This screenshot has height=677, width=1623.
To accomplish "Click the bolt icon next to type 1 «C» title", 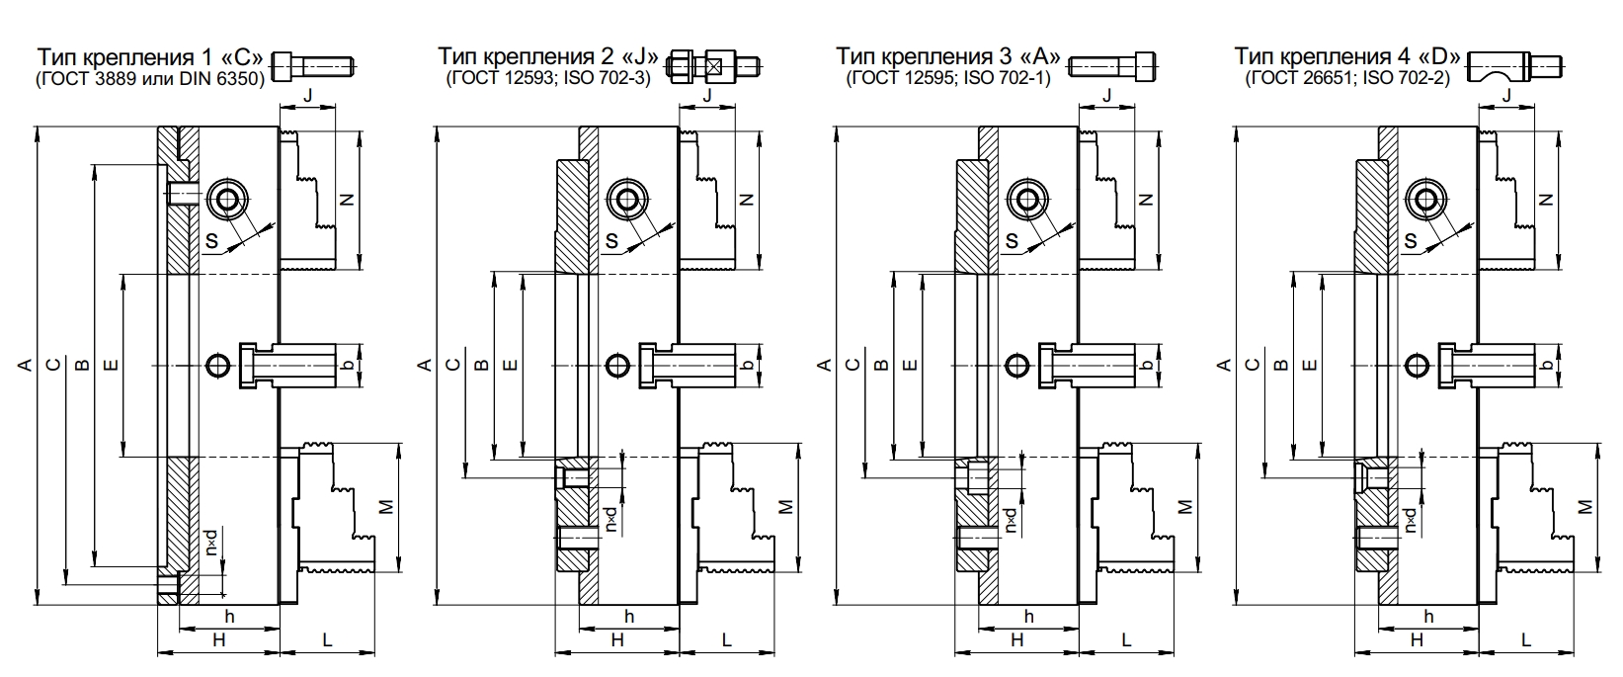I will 312,65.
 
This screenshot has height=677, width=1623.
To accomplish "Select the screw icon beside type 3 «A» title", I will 1111,66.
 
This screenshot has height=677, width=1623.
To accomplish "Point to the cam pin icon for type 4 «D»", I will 1516,66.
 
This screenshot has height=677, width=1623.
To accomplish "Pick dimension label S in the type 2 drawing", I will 611,240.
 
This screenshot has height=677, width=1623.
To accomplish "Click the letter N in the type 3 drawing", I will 1146,199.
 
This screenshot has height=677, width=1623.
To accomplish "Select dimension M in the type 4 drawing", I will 1584,506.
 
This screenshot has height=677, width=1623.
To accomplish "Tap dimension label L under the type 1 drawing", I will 327,640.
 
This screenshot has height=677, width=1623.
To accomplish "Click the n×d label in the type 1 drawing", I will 212,542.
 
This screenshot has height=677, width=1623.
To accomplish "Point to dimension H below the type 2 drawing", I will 617,640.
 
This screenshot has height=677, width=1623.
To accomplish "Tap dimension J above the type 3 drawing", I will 1106,95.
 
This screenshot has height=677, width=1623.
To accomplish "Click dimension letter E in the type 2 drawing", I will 510,366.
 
